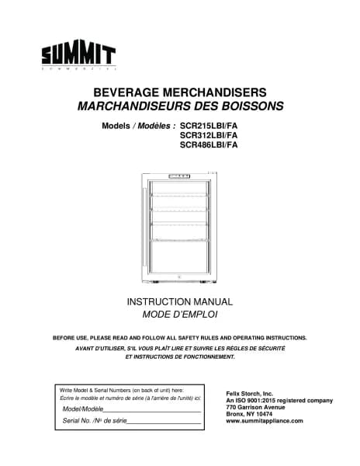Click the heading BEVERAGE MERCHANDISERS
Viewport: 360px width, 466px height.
pos(180,91)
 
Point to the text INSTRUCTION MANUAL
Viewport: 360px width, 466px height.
pos(180,301)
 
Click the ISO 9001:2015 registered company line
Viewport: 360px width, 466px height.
pos(279,401)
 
